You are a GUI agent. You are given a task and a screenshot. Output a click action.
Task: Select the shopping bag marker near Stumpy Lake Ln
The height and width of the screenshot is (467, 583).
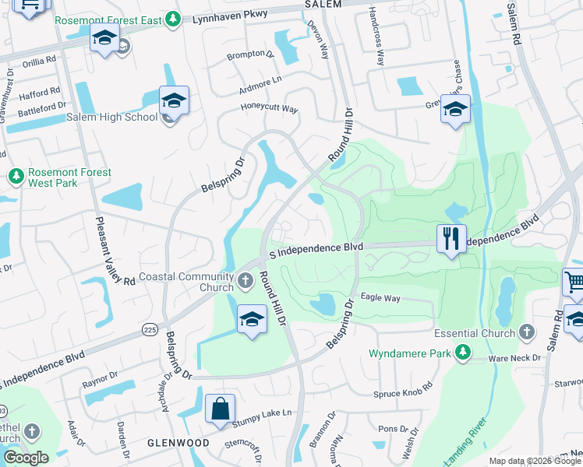tap(221, 409)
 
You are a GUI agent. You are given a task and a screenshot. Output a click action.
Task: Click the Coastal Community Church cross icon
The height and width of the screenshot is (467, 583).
tap(246, 279)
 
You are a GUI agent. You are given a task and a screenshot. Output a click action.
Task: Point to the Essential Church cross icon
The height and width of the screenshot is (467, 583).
tap(528, 333)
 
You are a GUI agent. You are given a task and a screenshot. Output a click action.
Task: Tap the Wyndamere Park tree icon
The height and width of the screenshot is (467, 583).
tap(463, 353)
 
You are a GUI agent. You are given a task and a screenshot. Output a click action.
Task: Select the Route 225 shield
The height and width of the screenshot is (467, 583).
tap(150, 330)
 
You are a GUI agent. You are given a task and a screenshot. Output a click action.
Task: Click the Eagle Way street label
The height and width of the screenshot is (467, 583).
tap(380, 298)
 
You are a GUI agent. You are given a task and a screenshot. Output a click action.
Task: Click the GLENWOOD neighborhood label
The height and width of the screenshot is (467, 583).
tap(178, 442)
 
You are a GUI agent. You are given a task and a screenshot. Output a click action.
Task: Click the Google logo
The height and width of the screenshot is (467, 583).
tap(26, 458)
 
